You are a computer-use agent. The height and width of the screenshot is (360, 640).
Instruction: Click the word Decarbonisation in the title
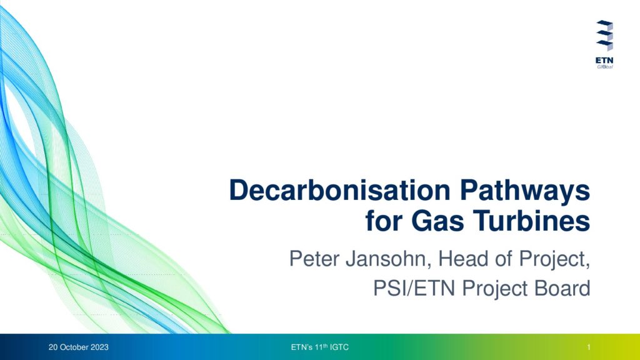pos(339,190)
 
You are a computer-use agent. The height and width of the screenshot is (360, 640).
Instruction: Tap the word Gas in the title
pos(437,221)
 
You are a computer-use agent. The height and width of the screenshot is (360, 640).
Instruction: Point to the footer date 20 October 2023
pos(78,347)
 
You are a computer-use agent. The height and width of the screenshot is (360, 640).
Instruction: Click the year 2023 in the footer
pos(99,347)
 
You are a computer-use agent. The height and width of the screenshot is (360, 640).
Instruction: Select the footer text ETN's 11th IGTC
pos(320,347)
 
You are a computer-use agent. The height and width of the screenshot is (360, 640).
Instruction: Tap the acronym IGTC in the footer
pos(339,347)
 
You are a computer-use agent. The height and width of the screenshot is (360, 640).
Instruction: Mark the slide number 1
pos(589,347)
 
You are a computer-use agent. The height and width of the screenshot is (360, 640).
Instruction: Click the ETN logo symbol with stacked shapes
pos(604,36)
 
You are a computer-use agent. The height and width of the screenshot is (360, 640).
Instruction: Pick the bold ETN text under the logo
pos(604,61)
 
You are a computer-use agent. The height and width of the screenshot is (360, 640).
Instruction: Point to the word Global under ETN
pos(605,67)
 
